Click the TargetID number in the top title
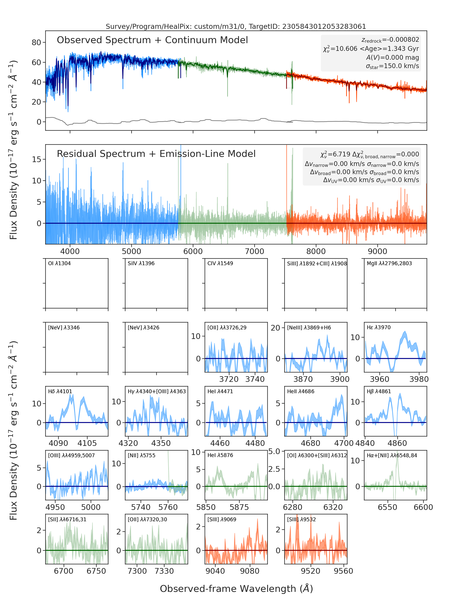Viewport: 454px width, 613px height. (x=324, y=26)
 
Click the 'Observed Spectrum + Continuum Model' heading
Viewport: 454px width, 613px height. (x=152, y=40)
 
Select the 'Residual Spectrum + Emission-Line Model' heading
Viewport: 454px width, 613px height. (x=156, y=154)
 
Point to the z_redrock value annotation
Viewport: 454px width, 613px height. (x=390, y=40)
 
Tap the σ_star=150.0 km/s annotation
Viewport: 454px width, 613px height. (x=392, y=66)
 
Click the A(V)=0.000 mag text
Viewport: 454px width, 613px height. (x=392, y=57)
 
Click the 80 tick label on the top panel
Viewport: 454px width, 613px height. (x=36, y=43)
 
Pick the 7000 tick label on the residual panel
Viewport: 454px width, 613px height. (x=254, y=251)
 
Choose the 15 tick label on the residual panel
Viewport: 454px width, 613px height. (x=37, y=159)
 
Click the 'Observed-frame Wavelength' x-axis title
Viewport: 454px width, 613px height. (x=236, y=588)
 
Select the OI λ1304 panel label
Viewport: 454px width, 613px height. (x=59, y=263)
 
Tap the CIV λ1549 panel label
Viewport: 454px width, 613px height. (x=220, y=263)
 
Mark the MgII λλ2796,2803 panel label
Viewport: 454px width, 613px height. (x=389, y=263)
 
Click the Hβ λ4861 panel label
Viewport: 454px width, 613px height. (x=379, y=391)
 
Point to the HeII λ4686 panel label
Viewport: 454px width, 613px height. (x=301, y=391)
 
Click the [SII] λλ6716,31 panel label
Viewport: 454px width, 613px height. (x=67, y=519)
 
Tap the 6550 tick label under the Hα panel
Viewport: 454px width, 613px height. (x=387, y=507)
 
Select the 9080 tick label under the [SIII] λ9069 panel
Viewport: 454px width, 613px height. (x=249, y=571)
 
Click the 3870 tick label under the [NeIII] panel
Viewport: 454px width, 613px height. (x=303, y=379)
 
